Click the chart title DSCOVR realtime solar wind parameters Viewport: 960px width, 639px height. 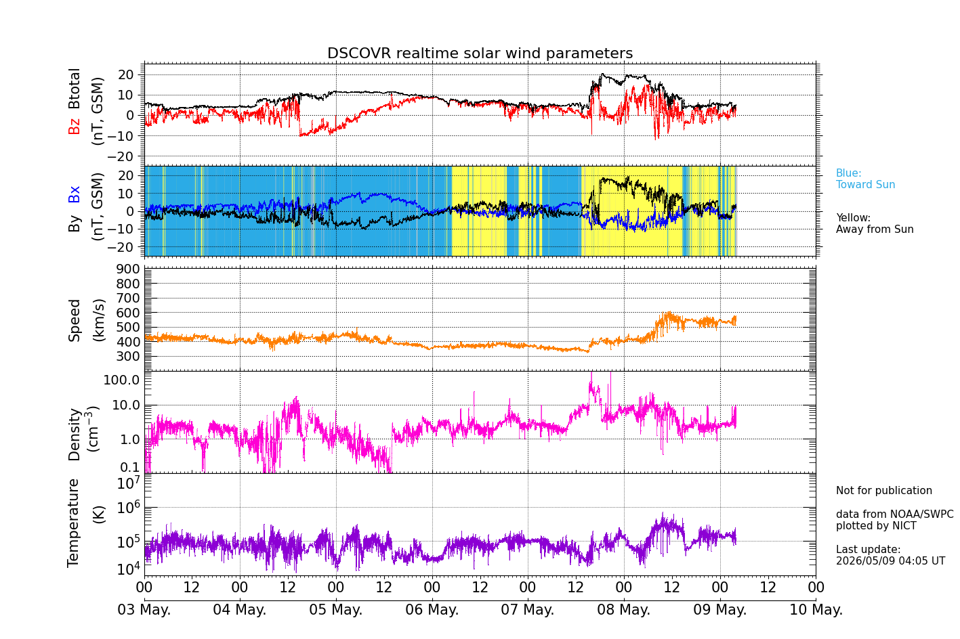[x=480, y=53]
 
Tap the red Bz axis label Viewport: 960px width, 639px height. [x=74, y=125]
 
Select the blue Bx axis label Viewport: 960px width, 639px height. [x=74, y=194]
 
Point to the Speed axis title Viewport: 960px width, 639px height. [x=75, y=320]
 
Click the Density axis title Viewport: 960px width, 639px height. [x=75, y=434]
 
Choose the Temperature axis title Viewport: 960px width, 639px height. [x=74, y=523]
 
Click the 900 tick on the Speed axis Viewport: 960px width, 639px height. [x=128, y=269]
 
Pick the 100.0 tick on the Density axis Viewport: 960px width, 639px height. [x=121, y=380]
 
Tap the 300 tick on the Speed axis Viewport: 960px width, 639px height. [x=128, y=356]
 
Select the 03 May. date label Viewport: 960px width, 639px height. [x=144, y=609]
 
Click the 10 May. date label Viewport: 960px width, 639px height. [x=816, y=609]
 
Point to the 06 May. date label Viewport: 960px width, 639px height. [x=432, y=609]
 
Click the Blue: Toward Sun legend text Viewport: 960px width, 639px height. [x=865, y=179]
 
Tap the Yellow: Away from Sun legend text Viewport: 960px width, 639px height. [x=875, y=223]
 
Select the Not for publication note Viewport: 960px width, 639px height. [x=883, y=490]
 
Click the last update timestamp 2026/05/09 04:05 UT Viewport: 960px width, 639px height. [x=890, y=560]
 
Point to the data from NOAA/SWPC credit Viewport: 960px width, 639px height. [x=894, y=514]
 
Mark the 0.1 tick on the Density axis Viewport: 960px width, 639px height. [x=130, y=467]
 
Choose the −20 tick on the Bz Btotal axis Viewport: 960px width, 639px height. [x=121, y=156]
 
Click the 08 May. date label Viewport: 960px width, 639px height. [x=624, y=609]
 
